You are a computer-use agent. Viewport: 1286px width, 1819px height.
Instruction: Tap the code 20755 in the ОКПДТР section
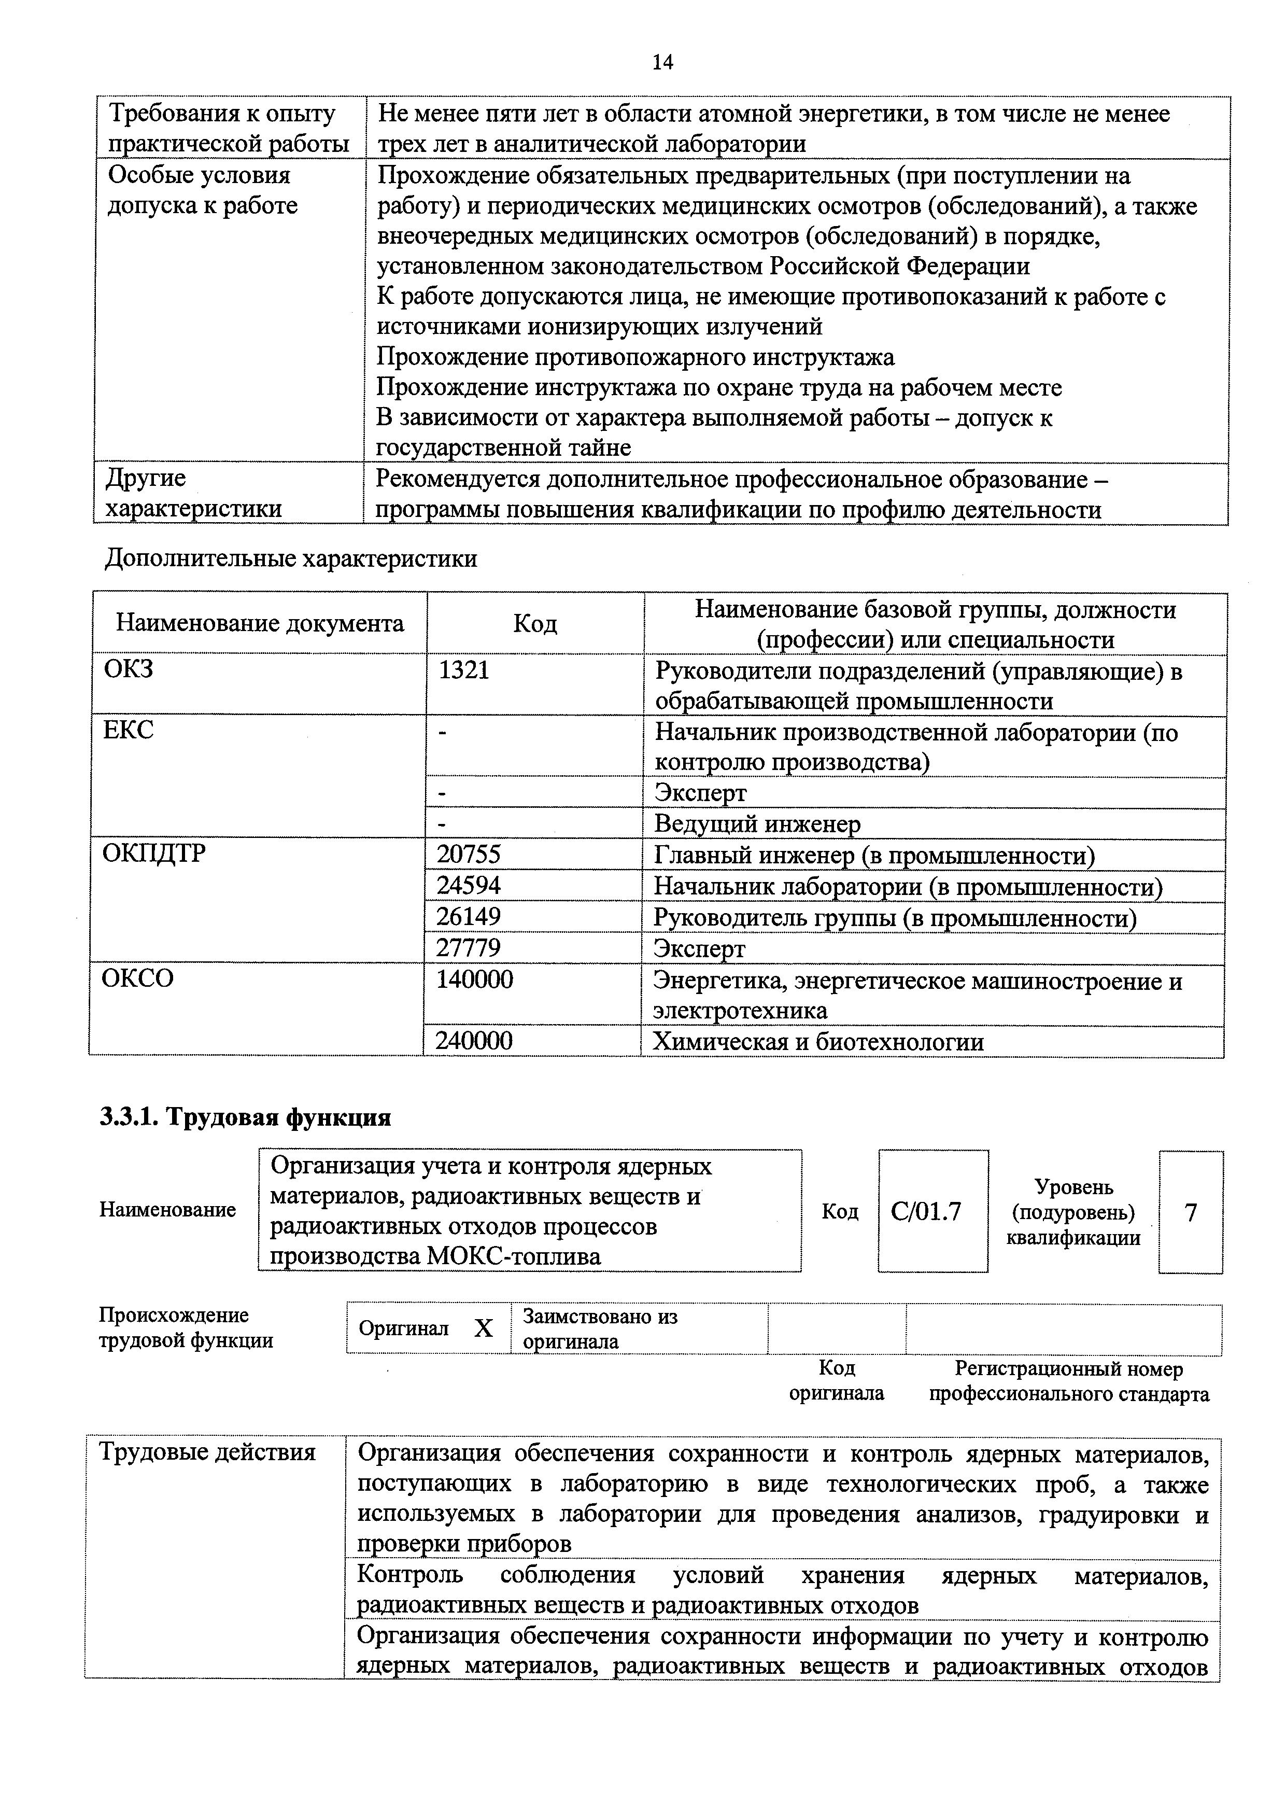[469, 854]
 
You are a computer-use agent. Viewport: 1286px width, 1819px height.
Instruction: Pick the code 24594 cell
[469, 885]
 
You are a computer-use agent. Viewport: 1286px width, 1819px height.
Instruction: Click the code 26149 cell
[469, 917]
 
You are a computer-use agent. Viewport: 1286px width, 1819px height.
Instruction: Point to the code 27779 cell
[469, 947]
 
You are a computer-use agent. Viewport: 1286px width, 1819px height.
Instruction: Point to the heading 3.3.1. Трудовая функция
[246, 1117]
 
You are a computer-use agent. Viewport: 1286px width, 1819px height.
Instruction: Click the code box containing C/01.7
[932, 1211]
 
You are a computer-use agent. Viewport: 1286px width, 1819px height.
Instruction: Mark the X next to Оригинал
[483, 1328]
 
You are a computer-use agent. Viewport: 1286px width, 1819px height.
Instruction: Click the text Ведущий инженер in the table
[756, 824]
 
